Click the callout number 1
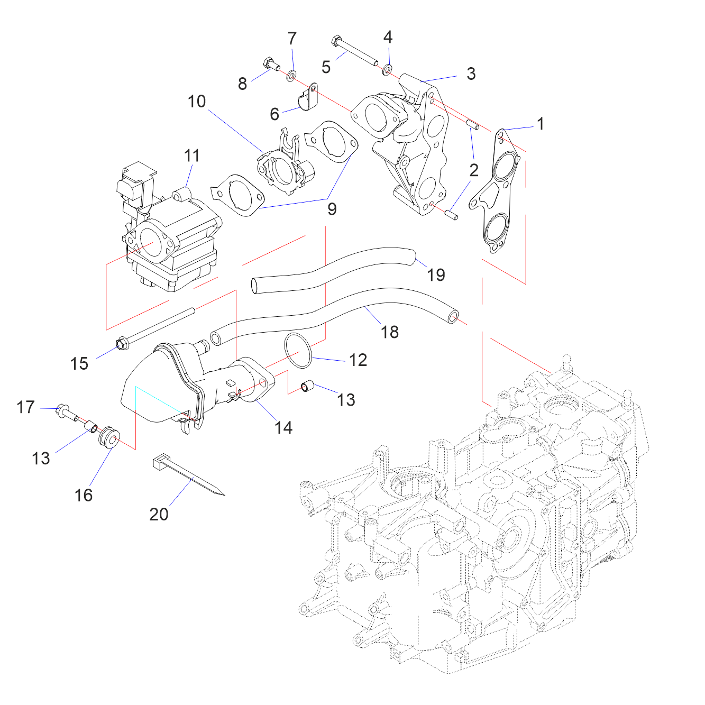[x=541, y=124]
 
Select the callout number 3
[x=471, y=74]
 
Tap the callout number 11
[x=191, y=156]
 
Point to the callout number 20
[x=159, y=515]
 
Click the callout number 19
[x=436, y=275]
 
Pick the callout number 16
[x=84, y=496]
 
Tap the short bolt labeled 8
[x=271, y=65]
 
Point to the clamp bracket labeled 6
[x=306, y=97]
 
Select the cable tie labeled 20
[x=188, y=475]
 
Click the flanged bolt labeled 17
[x=67, y=414]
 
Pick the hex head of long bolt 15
[x=121, y=344]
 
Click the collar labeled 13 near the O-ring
[x=308, y=386]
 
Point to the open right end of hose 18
[x=453, y=317]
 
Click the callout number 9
[x=332, y=209]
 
